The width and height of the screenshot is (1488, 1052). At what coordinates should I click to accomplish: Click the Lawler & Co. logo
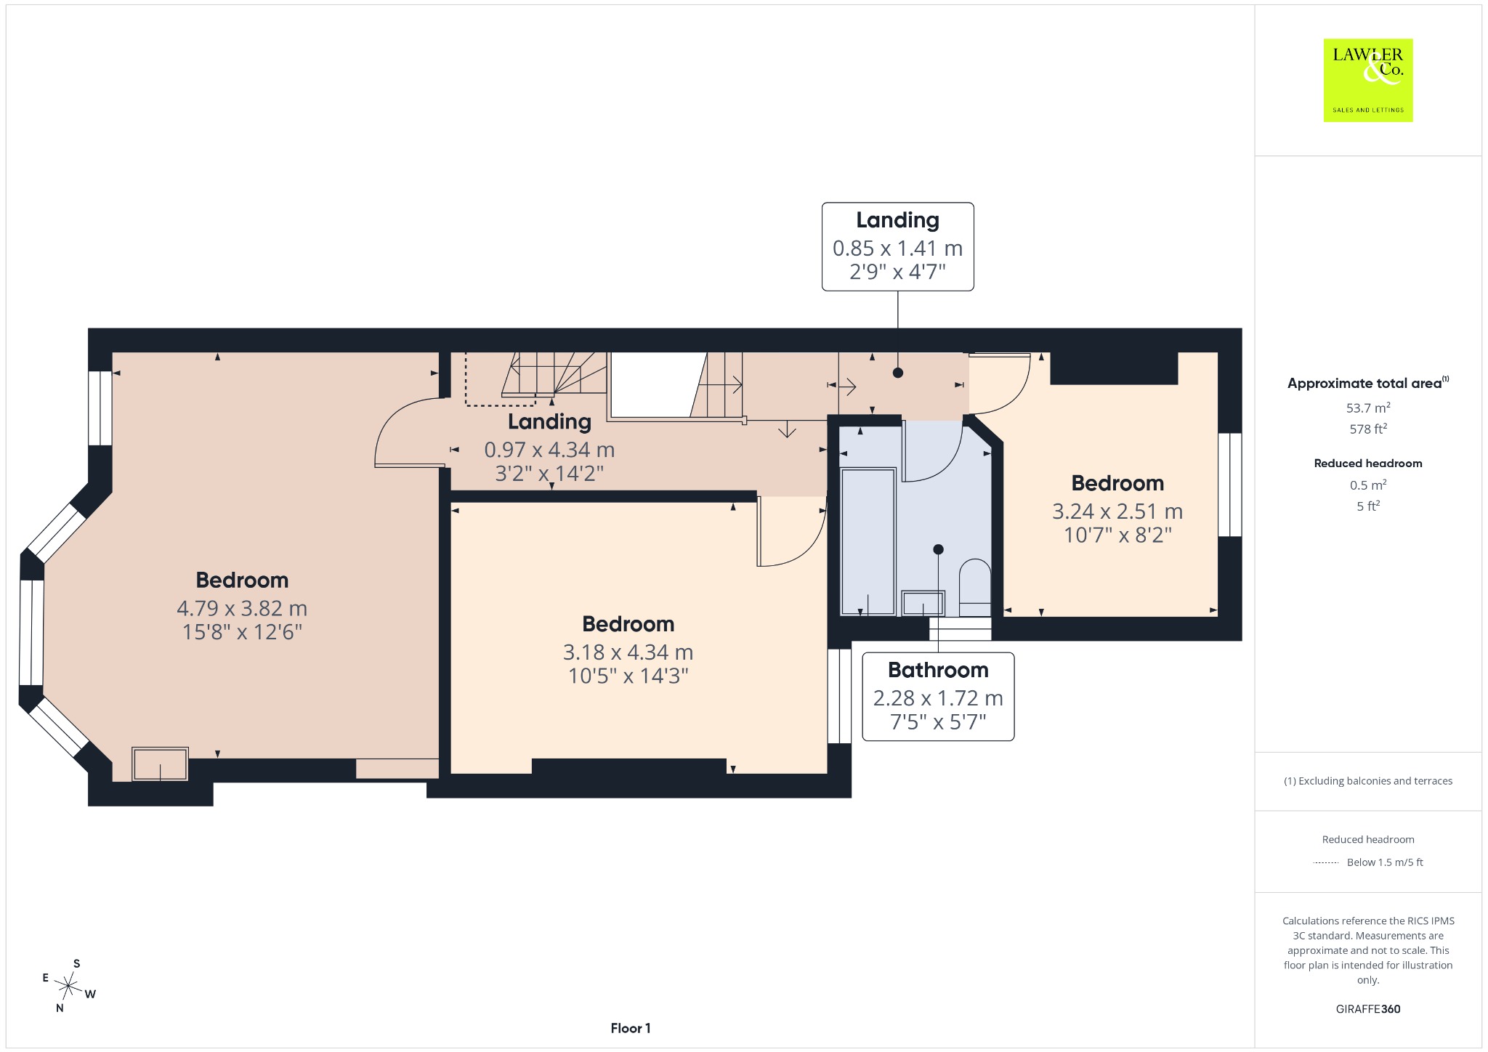pos(1367,80)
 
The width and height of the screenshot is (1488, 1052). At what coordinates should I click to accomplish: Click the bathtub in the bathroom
pos(868,541)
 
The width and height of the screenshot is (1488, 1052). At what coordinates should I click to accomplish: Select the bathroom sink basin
pos(923,603)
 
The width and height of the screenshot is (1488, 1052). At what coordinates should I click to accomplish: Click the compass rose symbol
pos(68,986)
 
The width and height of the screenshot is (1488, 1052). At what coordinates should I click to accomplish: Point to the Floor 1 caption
pos(631,1028)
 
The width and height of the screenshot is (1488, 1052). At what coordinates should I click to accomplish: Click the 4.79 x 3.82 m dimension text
pos(242,608)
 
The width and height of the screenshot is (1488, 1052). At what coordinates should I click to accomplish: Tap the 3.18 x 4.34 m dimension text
pos(628,652)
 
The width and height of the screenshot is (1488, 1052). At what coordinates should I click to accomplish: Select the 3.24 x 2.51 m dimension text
pos(1117,511)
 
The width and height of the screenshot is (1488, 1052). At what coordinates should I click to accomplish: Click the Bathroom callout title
pos(938,670)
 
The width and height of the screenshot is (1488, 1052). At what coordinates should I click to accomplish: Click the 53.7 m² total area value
pos(1368,408)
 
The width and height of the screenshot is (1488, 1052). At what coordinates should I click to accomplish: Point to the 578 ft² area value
pos(1368,429)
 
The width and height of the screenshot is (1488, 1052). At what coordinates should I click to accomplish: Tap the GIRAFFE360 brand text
pos(1368,1008)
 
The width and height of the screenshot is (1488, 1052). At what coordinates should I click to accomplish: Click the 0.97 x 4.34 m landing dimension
pos(549,450)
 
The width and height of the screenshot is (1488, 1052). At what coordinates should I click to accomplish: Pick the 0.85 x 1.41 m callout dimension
pos(897,248)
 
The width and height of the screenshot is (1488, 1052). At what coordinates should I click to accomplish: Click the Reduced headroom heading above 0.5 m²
pos(1368,463)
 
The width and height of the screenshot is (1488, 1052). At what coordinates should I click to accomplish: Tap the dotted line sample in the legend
pos(1326,862)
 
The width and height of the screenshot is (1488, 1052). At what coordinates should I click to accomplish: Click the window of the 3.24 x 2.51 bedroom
pos(1229,485)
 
